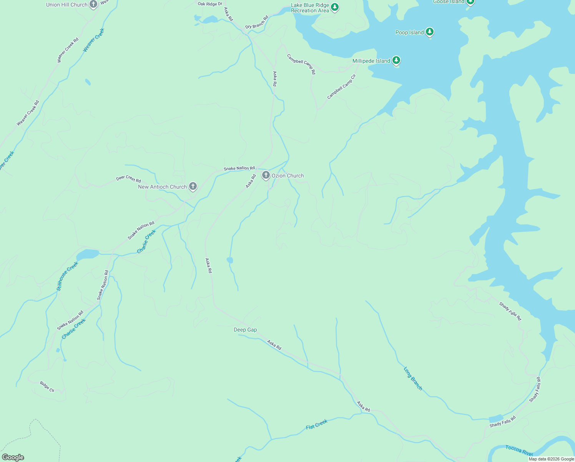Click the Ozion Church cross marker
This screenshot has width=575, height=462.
266,175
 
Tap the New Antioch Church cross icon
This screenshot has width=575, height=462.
193,186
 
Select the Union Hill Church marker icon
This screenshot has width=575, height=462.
93,4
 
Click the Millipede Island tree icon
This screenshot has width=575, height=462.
396,60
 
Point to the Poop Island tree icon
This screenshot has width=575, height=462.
430,32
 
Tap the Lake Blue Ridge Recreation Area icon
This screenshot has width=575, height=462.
335,7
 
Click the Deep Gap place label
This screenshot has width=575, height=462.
245,330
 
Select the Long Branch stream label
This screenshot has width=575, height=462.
413,378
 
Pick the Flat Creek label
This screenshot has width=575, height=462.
317,424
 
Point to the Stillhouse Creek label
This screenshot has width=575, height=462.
67,276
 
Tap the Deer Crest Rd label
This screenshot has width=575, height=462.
128,179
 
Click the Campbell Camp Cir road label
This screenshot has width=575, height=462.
342,87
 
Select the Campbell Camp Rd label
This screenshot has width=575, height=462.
301,64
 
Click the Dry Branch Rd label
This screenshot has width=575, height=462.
257,22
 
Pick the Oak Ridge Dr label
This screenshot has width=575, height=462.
210,4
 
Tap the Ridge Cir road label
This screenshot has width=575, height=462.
47,387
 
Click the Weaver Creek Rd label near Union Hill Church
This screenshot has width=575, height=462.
68,50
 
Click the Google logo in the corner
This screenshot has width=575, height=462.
13,457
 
